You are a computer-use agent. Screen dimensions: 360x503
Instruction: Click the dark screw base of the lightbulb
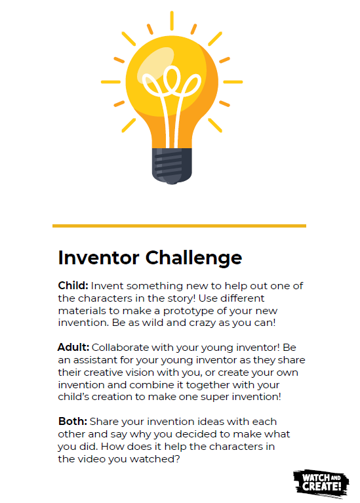172,165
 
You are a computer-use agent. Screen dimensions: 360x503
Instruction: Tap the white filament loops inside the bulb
172,96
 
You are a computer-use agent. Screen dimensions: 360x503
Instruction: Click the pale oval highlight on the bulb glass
156,64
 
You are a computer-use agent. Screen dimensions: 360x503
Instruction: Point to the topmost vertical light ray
172,20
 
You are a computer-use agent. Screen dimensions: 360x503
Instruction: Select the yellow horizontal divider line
179,226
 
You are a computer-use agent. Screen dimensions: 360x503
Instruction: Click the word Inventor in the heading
99,258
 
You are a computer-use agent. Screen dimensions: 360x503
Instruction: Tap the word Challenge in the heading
194,258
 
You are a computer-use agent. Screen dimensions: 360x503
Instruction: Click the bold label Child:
73,285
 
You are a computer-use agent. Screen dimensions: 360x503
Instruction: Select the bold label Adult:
73,347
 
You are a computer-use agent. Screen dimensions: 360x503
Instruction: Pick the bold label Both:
73,421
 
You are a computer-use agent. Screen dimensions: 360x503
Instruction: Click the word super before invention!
214,397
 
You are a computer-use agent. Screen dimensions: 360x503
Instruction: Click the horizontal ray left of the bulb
111,82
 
